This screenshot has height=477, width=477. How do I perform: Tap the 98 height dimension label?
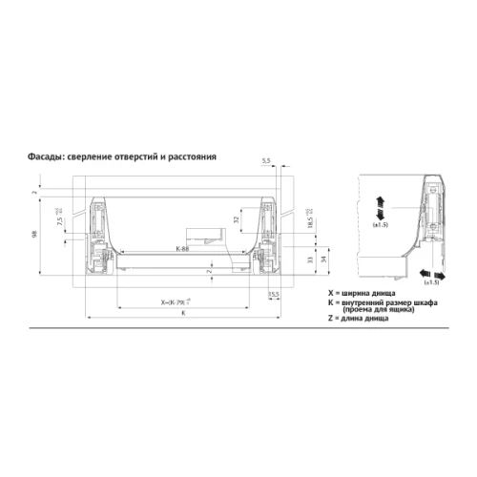[34, 238]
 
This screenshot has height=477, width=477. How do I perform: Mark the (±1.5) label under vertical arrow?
[379, 226]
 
